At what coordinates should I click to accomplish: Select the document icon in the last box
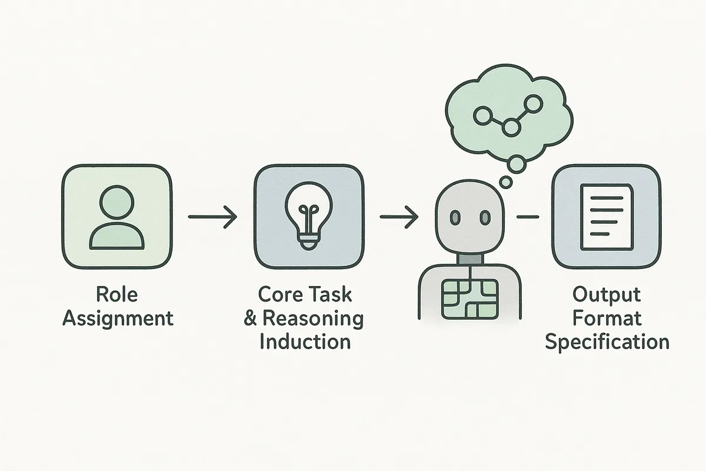click(x=605, y=217)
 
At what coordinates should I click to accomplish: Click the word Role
click(x=118, y=295)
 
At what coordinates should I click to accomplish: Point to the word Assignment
click(x=118, y=319)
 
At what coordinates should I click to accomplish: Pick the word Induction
click(x=305, y=341)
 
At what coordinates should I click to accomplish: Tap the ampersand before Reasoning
click(x=250, y=319)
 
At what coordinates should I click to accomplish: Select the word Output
click(x=607, y=295)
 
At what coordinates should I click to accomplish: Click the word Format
click(x=607, y=319)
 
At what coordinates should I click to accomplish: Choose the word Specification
click(x=607, y=342)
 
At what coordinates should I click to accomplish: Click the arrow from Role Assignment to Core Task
click(x=212, y=217)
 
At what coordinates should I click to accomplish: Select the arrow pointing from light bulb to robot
click(x=399, y=217)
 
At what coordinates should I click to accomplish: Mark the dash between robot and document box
click(x=527, y=217)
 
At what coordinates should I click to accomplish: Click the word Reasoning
click(x=312, y=319)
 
